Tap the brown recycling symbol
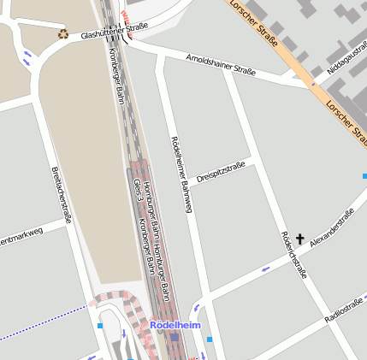click(x=63, y=34)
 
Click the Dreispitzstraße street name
click(x=221, y=171)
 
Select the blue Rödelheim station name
click(x=175, y=326)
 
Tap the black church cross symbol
click(x=299, y=239)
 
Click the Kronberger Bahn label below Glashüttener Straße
click(x=119, y=75)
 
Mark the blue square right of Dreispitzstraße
click(x=364, y=177)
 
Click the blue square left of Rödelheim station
click(x=101, y=325)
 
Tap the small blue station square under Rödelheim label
click(x=175, y=338)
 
